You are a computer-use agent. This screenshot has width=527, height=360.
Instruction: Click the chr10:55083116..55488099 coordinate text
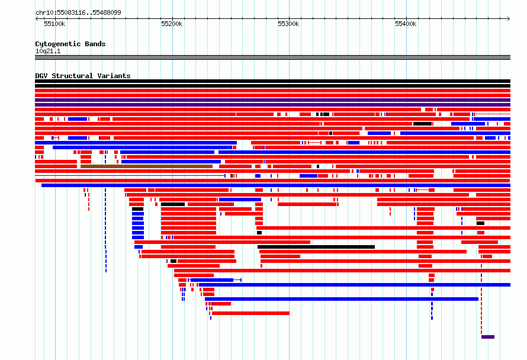[x=78, y=13]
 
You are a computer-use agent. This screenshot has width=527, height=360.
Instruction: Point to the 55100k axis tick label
[x=54, y=24]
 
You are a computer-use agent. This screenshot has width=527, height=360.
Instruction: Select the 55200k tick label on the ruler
[x=172, y=24]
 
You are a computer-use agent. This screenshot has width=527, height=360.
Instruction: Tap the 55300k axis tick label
[x=288, y=24]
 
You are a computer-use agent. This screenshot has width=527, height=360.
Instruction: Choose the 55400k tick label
[x=406, y=24]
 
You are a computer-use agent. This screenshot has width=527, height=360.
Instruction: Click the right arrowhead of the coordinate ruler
[x=509, y=18]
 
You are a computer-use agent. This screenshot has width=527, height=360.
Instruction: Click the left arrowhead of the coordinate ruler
[x=37, y=18]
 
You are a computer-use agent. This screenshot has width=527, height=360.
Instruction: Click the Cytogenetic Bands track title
[x=70, y=44]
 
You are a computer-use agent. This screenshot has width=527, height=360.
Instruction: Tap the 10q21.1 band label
[x=48, y=51]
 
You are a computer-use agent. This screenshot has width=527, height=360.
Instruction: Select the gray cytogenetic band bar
[x=272, y=57]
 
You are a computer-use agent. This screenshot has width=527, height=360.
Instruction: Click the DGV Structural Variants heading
[x=83, y=76]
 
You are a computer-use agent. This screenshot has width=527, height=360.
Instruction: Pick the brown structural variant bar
[x=146, y=166]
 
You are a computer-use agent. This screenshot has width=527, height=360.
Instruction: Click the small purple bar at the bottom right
[x=488, y=337]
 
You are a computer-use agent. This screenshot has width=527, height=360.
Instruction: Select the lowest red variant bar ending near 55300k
[x=250, y=313]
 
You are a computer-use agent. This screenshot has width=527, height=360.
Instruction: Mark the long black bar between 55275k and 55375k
[x=316, y=247]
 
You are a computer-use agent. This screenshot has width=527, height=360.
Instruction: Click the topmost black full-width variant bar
[x=272, y=81]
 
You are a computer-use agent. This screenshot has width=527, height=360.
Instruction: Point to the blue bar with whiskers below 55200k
[x=214, y=280]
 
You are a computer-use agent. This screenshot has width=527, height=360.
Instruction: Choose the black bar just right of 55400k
[x=422, y=124]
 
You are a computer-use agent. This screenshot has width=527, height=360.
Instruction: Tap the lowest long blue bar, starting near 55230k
[x=342, y=299]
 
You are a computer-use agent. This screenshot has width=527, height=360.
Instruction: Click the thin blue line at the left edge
[x=130, y=176]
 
